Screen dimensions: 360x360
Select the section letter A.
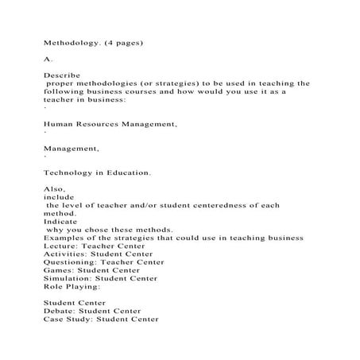click(x=47, y=59)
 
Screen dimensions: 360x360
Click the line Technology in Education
click(x=97, y=172)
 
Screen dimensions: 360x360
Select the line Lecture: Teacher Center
click(x=100, y=246)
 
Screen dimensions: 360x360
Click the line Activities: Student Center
click(x=103, y=254)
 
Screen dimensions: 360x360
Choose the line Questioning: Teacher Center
click(x=104, y=262)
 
